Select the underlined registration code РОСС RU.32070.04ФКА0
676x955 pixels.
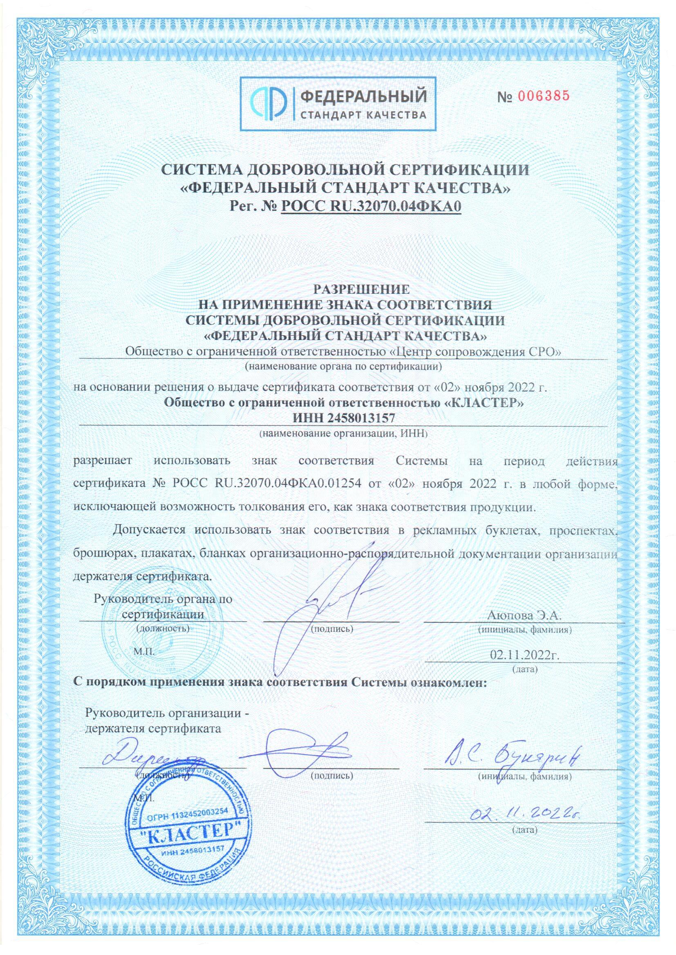[372, 206]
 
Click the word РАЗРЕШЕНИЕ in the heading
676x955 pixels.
[343, 289]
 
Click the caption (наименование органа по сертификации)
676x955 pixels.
[343, 366]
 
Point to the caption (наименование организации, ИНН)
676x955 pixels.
[343, 434]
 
